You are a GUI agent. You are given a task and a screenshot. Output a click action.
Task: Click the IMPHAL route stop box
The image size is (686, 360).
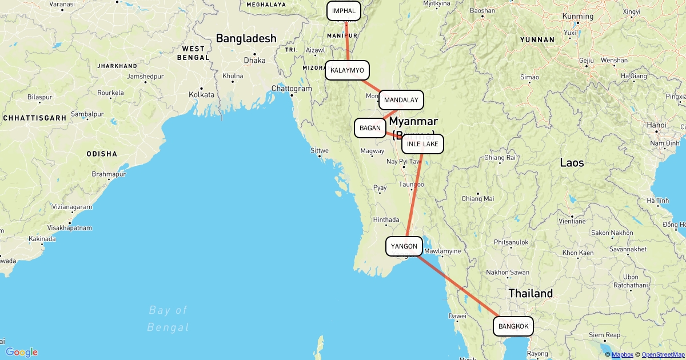coord(344,11)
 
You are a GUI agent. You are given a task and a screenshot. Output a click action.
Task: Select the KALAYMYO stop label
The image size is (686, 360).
coord(347,70)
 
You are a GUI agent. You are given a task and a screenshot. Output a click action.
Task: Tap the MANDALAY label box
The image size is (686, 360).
coord(401,100)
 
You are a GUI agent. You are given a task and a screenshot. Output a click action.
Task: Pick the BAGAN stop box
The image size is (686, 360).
coord(370,128)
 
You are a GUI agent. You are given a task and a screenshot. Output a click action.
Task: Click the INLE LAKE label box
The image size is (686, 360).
coord(422,144)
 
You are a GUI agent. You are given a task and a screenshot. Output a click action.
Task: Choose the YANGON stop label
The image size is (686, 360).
coord(404,247)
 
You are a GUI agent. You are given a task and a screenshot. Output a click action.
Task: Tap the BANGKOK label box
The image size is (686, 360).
coord(513,326)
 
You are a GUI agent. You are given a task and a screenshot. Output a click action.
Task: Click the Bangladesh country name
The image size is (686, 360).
coord(246,39)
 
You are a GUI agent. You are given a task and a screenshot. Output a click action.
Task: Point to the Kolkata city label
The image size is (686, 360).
coord(201,94)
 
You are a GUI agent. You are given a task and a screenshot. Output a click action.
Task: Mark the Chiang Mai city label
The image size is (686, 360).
coord(477,199)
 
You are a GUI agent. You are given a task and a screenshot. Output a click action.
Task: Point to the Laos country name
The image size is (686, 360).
coord(572,163)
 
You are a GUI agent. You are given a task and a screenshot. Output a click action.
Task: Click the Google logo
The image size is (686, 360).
coord(22,352)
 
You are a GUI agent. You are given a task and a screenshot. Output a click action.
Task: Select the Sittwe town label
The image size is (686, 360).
coord(320,151)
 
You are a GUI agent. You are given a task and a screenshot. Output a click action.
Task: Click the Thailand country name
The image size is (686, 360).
coord(531,293)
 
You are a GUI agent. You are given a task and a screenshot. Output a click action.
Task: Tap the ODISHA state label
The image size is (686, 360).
coord(102,154)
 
